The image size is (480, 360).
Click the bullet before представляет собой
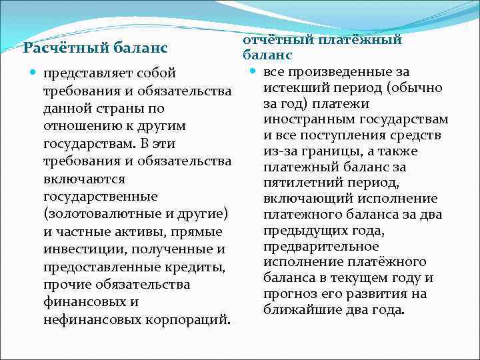click(33, 72)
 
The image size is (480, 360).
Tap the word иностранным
click(305, 120)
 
